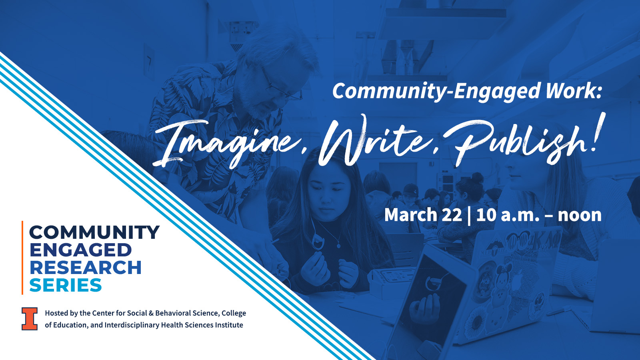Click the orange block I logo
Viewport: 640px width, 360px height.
click(x=30, y=319)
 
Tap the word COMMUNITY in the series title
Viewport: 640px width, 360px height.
click(x=94, y=232)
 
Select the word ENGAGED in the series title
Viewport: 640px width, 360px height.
click(x=80, y=250)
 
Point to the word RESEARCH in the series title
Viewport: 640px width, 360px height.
click(x=86, y=268)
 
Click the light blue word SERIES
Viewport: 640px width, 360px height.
click(x=66, y=286)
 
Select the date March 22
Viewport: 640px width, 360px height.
click(x=423, y=215)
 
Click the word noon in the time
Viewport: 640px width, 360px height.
click(x=580, y=216)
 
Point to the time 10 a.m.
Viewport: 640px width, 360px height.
click(x=508, y=215)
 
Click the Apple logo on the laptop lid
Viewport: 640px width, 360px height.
click(x=516, y=282)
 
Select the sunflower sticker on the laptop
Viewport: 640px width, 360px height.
click(x=476, y=322)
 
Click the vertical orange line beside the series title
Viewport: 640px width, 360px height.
click(x=22, y=258)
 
